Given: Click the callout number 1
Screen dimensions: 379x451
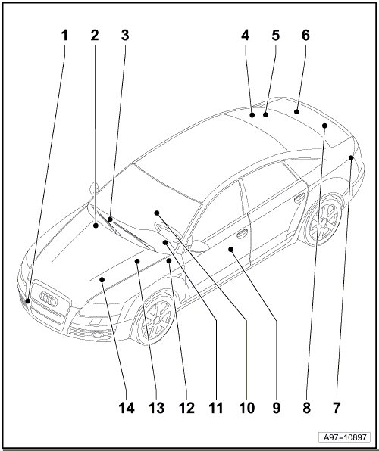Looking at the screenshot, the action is click(x=64, y=36).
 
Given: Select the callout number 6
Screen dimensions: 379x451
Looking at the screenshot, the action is click(x=305, y=36).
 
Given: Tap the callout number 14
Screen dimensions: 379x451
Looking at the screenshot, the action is click(x=127, y=408).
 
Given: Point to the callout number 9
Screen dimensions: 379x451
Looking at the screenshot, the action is click(x=276, y=408).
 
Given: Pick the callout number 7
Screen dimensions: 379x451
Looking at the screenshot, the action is click(x=337, y=408).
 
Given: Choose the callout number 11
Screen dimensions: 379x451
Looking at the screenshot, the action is click(x=216, y=408).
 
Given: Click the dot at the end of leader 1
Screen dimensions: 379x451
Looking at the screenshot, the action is click(x=28, y=301).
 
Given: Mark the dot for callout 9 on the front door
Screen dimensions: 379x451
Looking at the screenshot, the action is click(x=230, y=250).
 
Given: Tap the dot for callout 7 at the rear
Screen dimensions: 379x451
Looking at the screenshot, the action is click(x=351, y=157).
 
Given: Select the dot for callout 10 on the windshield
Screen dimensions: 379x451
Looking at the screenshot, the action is click(x=157, y=213).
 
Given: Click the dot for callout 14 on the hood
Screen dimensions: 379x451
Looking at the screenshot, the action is click(x=102, y=279).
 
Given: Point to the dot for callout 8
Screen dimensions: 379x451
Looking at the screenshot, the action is click(x=324, y=126).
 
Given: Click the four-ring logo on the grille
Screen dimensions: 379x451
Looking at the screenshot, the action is click(x=49, y=298).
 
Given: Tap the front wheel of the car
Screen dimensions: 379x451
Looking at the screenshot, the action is click(x=155, y=319).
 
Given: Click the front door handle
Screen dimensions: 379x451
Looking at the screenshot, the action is click(x=242, y=234).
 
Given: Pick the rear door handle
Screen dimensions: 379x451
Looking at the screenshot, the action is click(x=299, y=198).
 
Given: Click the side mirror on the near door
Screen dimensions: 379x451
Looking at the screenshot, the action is click(x=199, y=245).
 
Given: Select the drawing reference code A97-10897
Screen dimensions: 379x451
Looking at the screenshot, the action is click(x=345, y=437).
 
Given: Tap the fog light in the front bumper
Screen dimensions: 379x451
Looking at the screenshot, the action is click(x=98, y=334).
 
